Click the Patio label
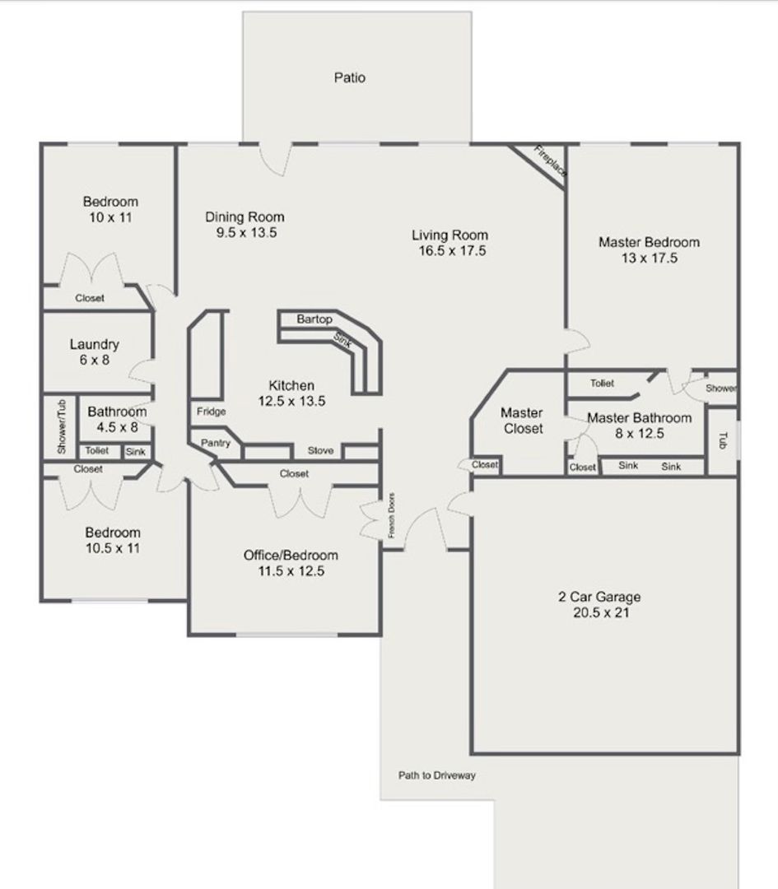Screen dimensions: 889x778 350,78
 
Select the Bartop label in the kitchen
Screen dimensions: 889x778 314,319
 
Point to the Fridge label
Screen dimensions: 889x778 211,412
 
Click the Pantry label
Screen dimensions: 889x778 216,444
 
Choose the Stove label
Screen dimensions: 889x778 320,451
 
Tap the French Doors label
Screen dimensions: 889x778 392,516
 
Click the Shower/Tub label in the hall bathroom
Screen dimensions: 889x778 61,427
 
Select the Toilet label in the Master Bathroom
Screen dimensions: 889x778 602,383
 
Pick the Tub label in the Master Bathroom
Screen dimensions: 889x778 723,440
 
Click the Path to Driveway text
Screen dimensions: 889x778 437,775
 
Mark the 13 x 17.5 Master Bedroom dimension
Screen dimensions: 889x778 649,258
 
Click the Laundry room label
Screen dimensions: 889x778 94,345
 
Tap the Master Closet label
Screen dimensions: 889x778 522,421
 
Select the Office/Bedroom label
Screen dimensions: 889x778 291,555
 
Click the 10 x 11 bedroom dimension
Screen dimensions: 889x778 110,218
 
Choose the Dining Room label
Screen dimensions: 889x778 245,217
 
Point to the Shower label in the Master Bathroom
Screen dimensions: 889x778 721,389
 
